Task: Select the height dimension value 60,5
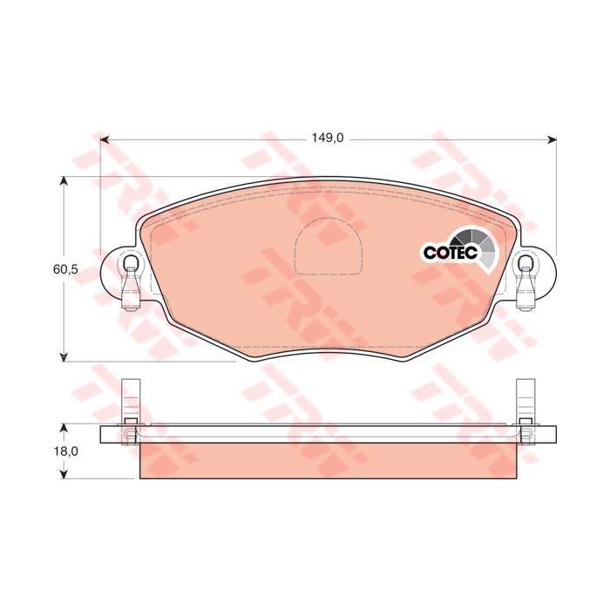[x=65, y=269]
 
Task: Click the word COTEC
[x=448, y=253]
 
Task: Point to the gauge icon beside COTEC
[x=477, y=246]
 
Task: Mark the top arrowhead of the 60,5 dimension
[x=64, y=181]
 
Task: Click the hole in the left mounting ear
[x=130, y=263]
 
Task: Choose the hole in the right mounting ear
[x=525, y=263]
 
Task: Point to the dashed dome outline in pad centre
[x=328, y=247]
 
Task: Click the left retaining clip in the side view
[x=130, y=410]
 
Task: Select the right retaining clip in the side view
[x=525, y=410]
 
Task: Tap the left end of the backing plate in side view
[x=108, y=434]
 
